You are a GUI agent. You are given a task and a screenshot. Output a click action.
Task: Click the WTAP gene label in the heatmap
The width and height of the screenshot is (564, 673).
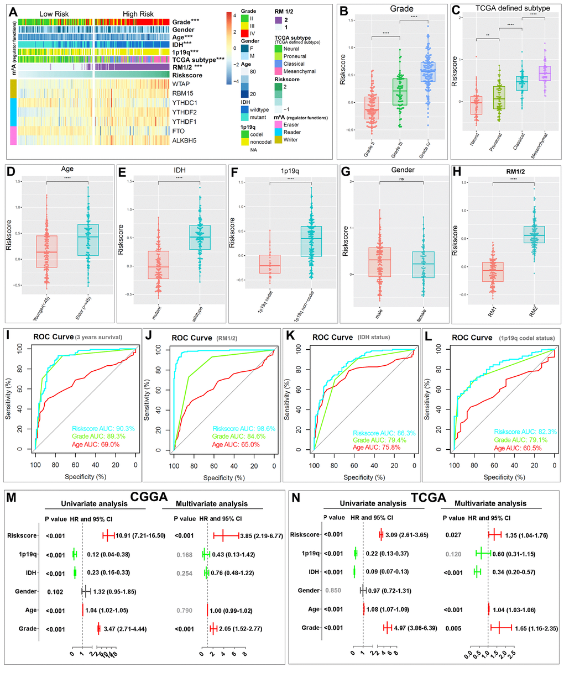(x=181, y=84)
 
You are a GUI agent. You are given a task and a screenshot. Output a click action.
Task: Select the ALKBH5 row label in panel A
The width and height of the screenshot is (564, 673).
(x=184, y=140)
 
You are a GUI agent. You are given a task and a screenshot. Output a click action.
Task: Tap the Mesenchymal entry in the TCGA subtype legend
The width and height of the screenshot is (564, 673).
(x=299, y=71)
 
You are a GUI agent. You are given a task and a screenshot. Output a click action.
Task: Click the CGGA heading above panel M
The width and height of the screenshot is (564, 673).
(x=145, y=497)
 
